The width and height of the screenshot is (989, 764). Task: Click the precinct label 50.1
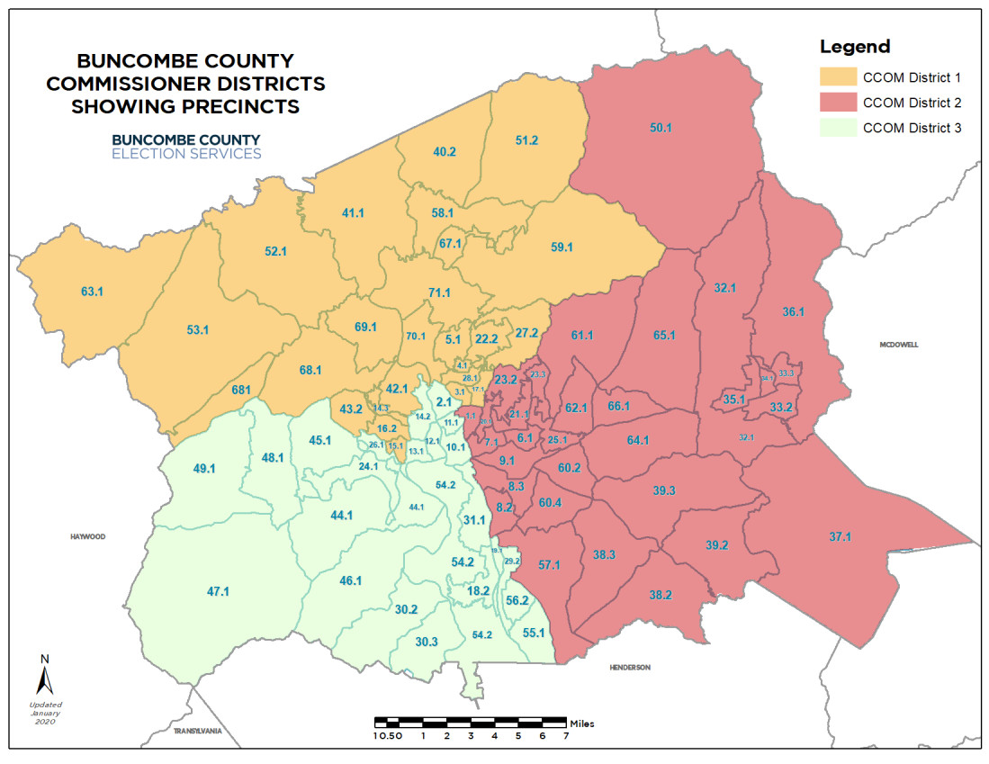(x=661, y=128)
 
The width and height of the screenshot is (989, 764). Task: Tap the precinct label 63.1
(x=93, y=292)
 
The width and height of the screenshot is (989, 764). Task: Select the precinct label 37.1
(x=840, y=536)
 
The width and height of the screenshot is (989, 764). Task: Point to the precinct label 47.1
(x=219, y=591)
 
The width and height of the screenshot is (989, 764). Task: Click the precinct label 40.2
(x=445, y=152)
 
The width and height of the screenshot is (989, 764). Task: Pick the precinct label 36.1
(x=793, y=311)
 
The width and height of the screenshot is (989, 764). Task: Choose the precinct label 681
(x=240, y=390)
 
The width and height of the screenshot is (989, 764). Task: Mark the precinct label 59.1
(x=562, y=247)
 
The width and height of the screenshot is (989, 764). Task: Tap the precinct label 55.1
(x=534, y=633)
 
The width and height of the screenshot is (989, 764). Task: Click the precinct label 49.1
(x=204, y=468)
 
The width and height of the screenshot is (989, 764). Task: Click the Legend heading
(x=854, y=47)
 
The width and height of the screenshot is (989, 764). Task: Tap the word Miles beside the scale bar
(x=581, y=723)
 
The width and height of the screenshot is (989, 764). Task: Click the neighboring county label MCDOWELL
(x=910, y=345)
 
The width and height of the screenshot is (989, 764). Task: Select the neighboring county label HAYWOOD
(x=87, y=536)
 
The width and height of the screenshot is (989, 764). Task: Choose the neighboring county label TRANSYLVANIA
(x=197, y=732)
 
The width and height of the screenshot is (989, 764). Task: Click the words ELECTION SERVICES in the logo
(x=186, y=154)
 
